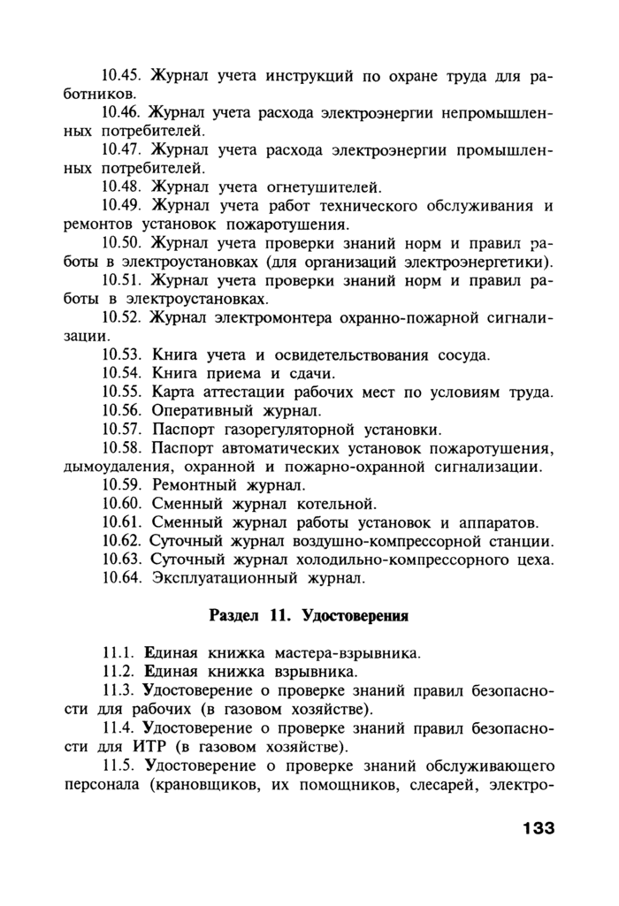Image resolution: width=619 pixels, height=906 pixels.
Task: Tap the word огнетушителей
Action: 324,187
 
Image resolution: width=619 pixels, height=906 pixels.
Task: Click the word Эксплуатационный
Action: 219,579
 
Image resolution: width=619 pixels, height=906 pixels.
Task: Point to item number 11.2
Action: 118,672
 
